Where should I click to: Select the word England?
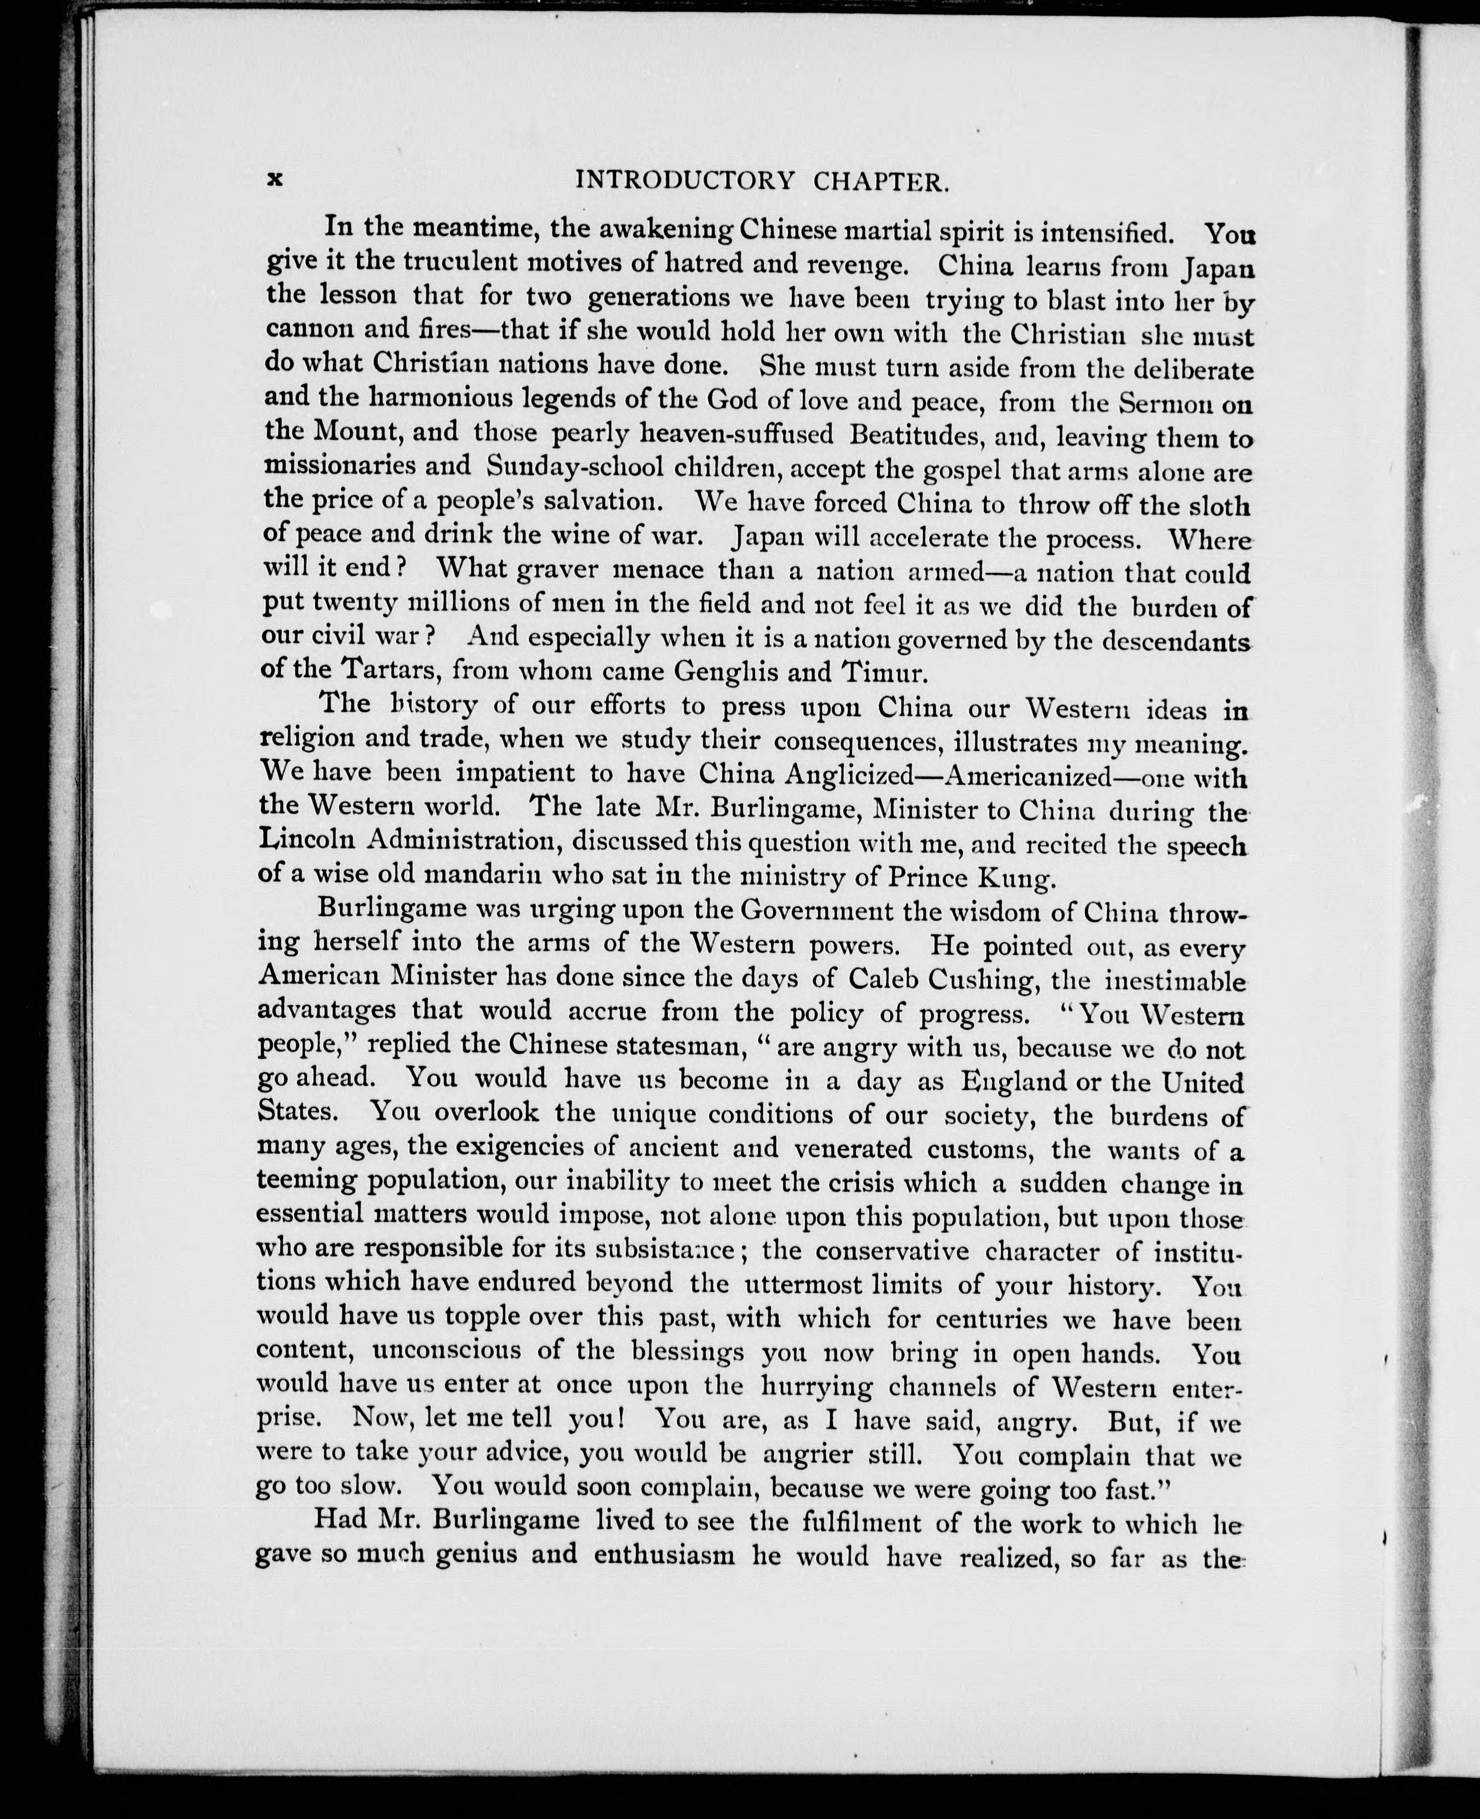pos(1014,1082)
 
